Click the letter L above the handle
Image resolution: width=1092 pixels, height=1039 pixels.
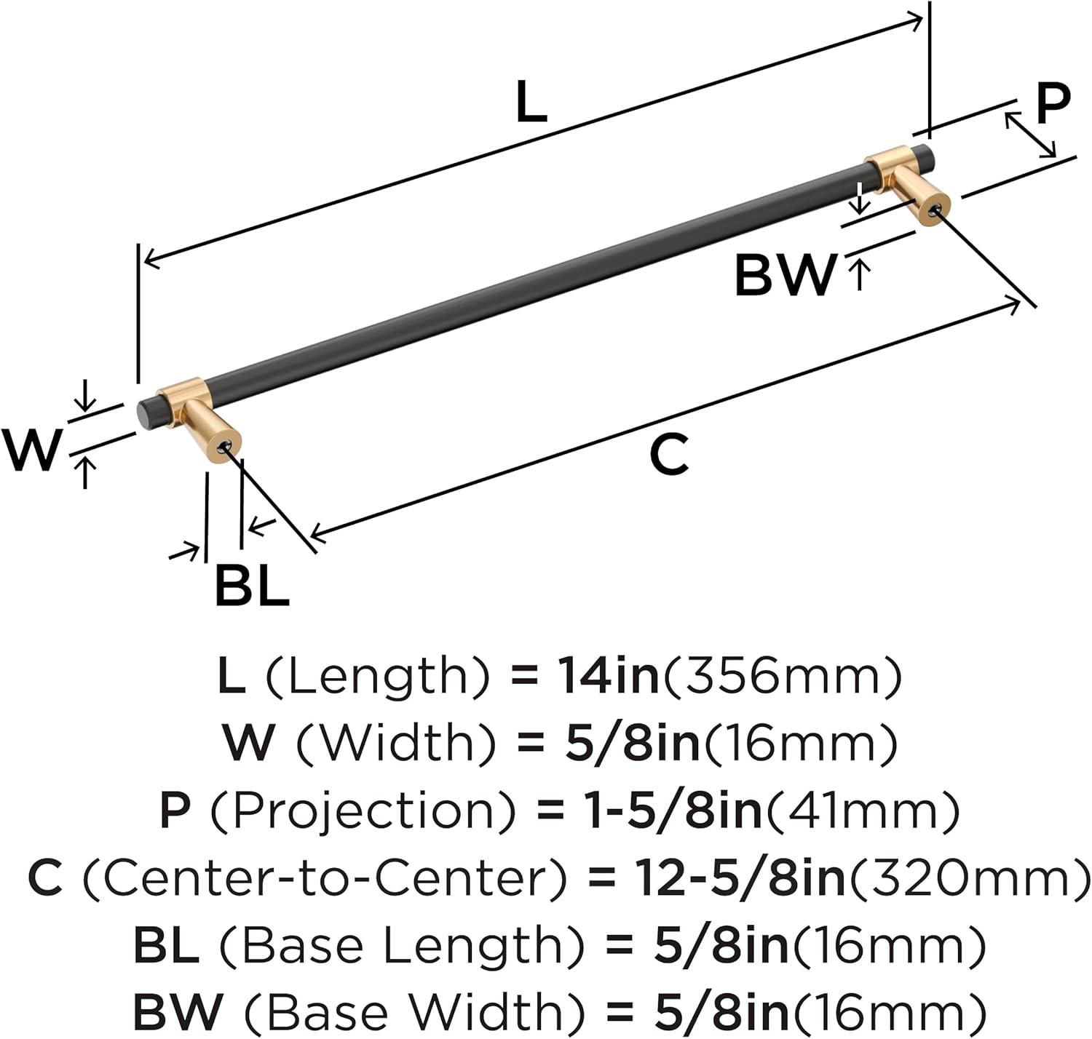coord(531,101)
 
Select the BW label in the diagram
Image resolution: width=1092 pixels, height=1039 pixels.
coord(785,275)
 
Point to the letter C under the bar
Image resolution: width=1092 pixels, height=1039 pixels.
coord(669,455)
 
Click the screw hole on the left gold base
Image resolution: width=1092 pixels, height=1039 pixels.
coord(226,446)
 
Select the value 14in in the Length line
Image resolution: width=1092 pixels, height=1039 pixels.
coord(609,674)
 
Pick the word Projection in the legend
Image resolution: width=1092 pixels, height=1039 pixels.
coord(362,812)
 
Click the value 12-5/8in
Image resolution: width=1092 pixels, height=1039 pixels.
coord(741,879)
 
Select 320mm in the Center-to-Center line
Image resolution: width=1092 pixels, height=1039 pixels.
coord(968,880)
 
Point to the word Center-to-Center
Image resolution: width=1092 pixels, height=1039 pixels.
coord(325,880)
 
